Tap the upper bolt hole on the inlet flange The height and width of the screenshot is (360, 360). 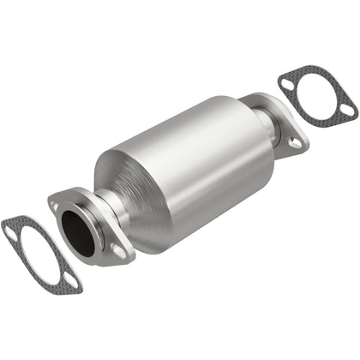pos(55,207)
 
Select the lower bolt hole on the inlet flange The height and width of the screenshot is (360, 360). pos(117,251)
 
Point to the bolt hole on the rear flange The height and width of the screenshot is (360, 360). pos(295,143)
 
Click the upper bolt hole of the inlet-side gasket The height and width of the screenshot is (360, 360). pos(10,230)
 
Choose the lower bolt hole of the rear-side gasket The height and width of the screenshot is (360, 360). pos(346,110)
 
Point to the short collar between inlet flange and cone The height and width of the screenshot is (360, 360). pos(107,210)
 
